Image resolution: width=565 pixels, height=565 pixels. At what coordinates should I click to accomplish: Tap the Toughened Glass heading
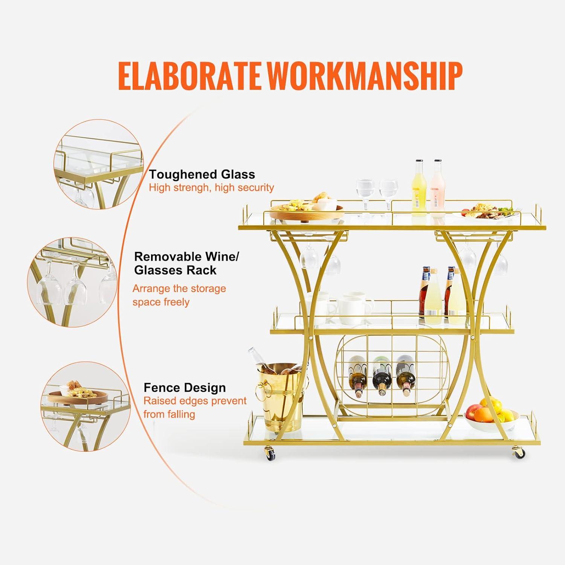202,174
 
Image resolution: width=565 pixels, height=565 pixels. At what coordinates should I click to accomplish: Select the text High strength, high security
211,188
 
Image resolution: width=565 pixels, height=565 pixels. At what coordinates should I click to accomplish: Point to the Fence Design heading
185,388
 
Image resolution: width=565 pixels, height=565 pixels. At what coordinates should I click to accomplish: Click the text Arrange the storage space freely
179,295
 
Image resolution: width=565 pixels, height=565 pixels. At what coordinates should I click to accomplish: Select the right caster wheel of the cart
519,452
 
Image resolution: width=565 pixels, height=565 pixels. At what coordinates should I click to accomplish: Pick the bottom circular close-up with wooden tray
86,406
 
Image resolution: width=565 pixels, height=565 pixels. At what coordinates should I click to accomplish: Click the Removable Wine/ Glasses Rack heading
186,263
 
